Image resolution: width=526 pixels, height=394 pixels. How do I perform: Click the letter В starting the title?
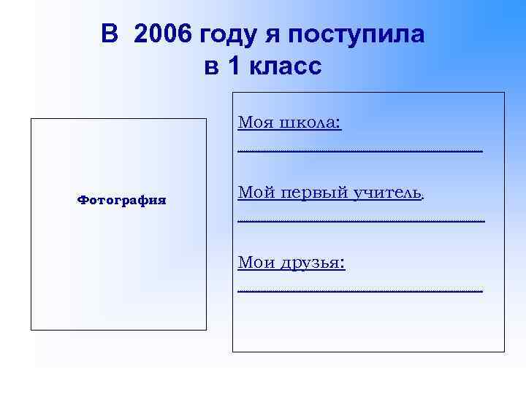pos(109,34)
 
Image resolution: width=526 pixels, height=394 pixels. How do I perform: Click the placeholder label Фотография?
pos(122,199)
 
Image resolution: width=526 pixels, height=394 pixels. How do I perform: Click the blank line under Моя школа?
pos(360,150)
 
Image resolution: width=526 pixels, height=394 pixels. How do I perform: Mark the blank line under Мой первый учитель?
pos(361,220)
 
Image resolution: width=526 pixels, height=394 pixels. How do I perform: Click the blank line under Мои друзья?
pos(360,290)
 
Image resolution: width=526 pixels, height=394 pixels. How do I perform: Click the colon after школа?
pos(339,123)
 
